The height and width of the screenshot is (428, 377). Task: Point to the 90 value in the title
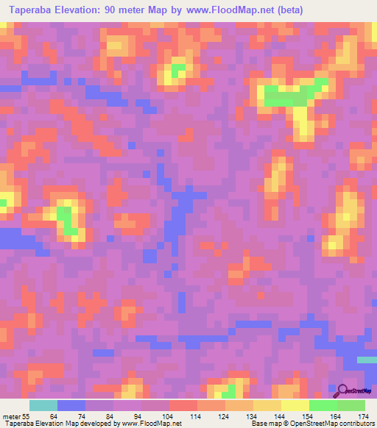point(124,10)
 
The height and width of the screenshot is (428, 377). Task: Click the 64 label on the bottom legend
point(54,417)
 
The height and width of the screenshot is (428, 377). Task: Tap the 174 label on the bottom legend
point(362,417)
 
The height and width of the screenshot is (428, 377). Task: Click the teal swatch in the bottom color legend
point(43,405)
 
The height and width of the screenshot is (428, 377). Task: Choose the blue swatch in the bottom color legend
point(71,405)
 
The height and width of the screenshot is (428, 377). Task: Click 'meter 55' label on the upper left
point(11,88)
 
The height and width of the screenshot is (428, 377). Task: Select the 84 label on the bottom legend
point(110,417)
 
